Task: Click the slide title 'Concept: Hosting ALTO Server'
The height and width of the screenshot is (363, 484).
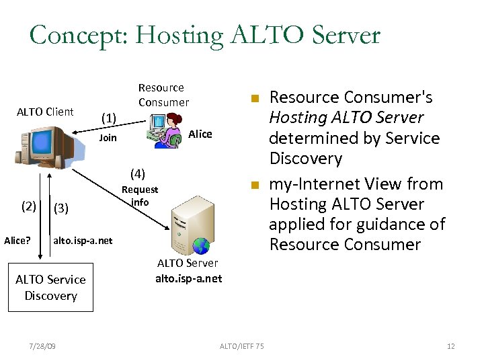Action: click(x=204, y=35)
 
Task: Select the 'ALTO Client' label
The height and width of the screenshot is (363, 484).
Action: click(x=45, y=112)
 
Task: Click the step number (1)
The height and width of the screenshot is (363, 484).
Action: click(x=109, y=118)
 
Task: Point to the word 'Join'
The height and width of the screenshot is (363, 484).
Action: click(x=108, y=138)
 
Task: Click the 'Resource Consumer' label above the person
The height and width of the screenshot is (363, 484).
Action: click(x=163, y=95)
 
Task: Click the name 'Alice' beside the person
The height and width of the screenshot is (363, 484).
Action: click(x=200, y=134)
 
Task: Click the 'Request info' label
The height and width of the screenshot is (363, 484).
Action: click(x=140, y=196)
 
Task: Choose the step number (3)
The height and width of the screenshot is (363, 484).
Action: click(x=61, y=208)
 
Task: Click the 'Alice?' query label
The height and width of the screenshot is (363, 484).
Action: click(x=17, y=240)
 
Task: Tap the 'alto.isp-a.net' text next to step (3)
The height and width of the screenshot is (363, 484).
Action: click(x=83, y=240)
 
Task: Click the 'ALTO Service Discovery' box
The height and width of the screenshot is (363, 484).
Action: click(x=50, y=288)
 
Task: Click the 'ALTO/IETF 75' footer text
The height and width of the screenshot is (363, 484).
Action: click(x=242, y=346)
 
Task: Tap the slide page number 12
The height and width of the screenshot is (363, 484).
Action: click(x=450, y=346)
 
